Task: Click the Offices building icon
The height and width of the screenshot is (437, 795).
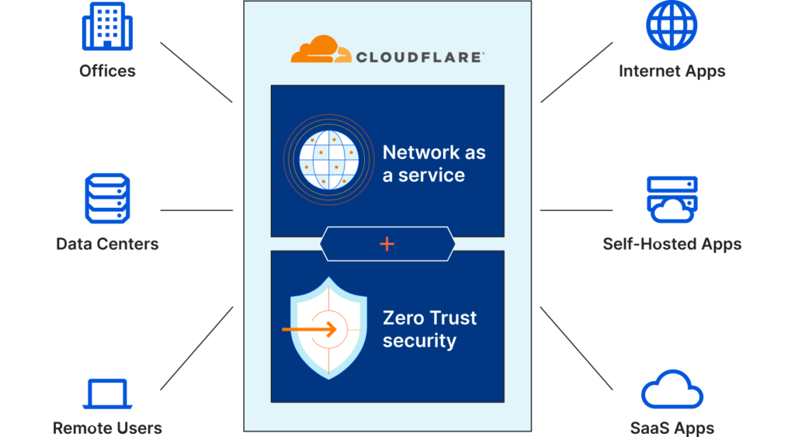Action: coord(108,26)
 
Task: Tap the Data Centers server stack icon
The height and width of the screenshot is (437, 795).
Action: coord(108,199)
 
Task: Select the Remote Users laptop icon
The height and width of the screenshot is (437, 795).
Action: coord(108,393)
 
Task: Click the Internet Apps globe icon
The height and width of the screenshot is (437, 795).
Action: coord(672,26)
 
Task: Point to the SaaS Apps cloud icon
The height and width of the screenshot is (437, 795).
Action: coord(672,389)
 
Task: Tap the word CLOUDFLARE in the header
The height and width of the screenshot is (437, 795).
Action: coord(420,56)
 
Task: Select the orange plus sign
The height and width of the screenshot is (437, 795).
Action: coord(387,244)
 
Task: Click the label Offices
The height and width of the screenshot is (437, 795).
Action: coord(108,71)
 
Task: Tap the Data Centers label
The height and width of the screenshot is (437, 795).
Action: coord(108,244)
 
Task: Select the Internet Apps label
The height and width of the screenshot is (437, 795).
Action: coord(672,71)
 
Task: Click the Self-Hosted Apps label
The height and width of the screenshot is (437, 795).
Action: coord(672,244)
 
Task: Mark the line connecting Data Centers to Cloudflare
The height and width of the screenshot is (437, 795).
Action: coord(196,210)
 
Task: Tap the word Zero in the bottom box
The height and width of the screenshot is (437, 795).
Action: coord(403,318)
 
